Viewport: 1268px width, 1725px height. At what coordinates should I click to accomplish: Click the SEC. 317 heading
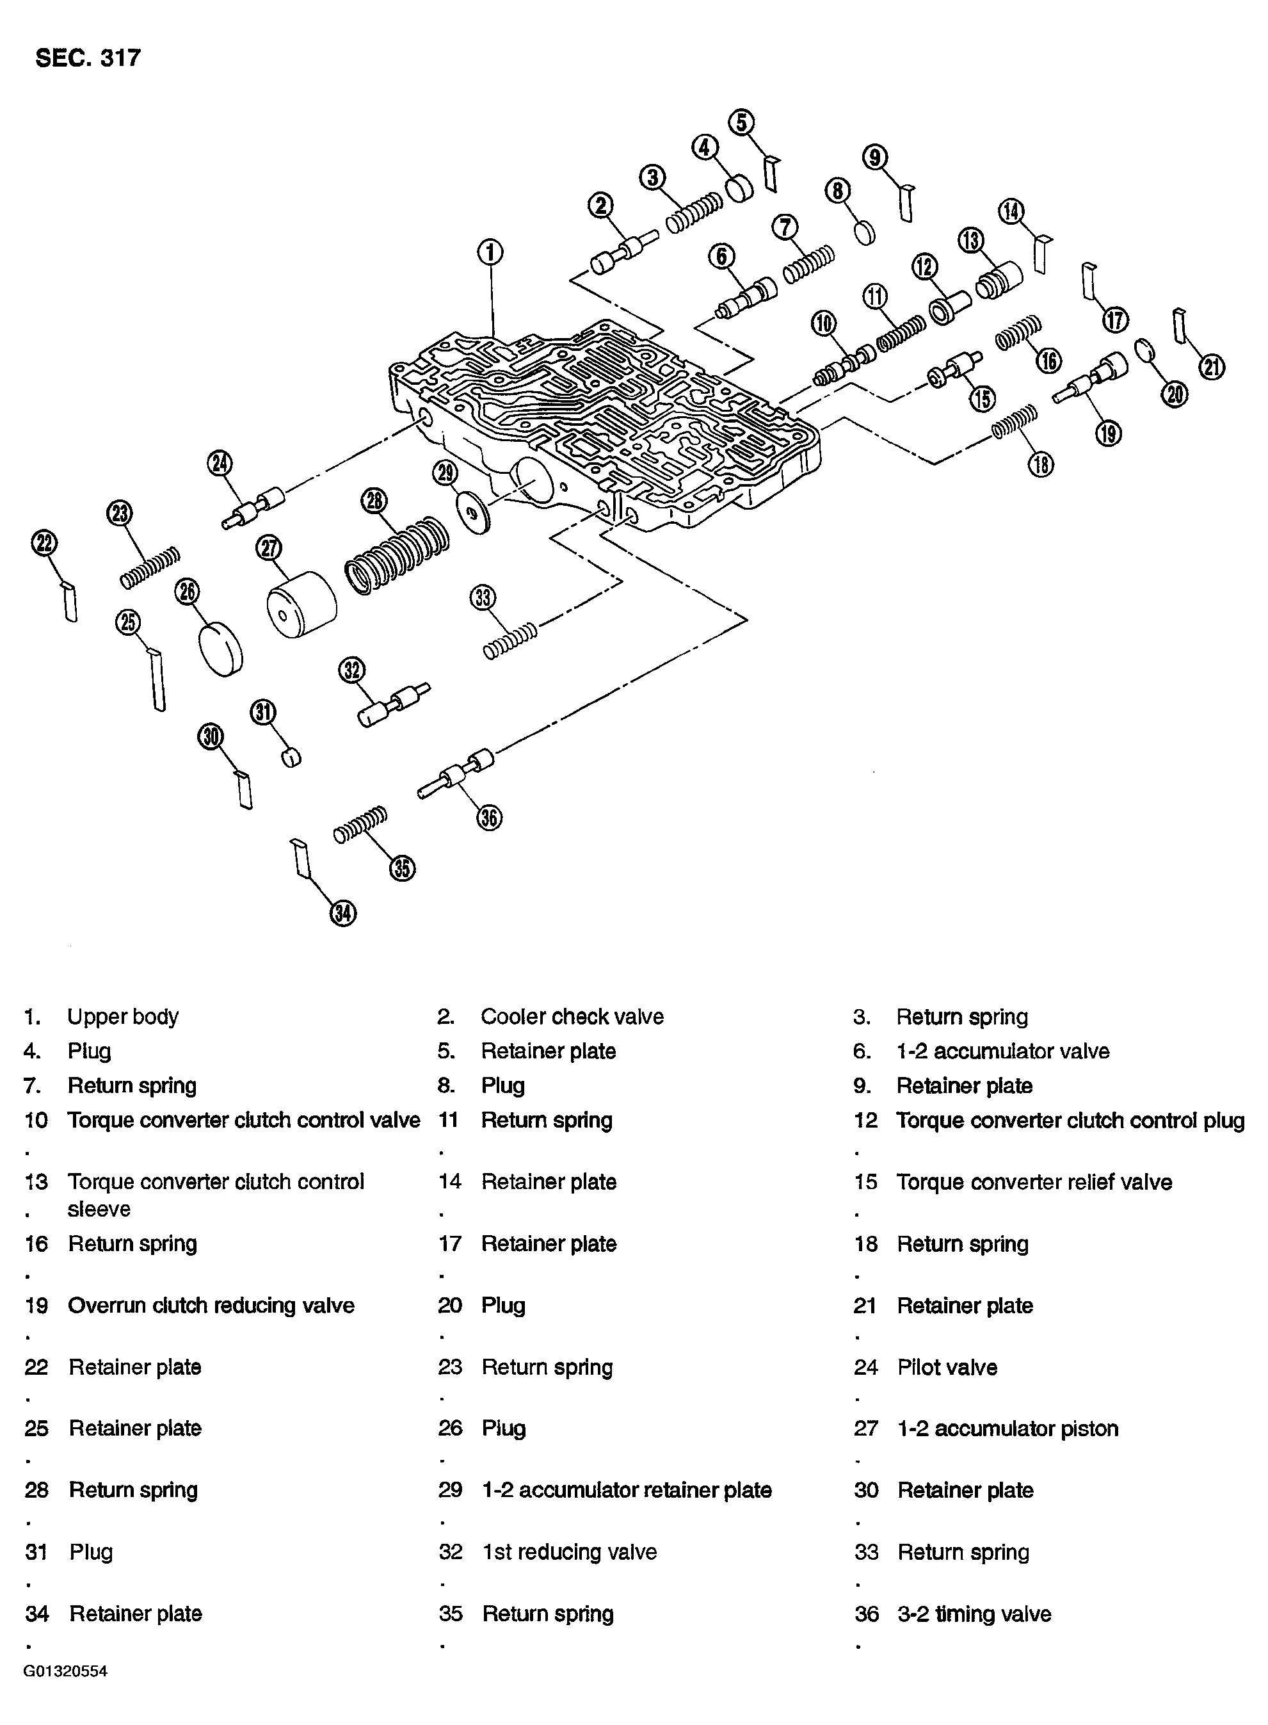pyautogui.click(x=88, y=58)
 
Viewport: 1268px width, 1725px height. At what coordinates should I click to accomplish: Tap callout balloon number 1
pyautogui.click(x=490, y=252)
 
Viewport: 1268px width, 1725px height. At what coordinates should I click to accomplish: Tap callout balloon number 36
pyautogui.click(x=490, y=818)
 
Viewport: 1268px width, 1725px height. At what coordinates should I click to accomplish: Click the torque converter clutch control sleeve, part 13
pyautogui.click(x=999, y=281)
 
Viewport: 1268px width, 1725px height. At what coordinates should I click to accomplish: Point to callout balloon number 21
pyautogui.click(x=1212, y=367)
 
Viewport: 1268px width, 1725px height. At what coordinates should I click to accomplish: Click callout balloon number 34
pyautogui.click(x=343, y=913)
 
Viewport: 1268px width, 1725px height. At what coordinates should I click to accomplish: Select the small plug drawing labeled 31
pyautogui.click(x=291, y=756)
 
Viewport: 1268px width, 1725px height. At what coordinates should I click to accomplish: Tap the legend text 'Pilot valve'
pyautogui.click(x=947, y=1367)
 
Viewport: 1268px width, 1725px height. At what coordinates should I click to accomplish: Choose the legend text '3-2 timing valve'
pyautogui.click(x=974, y=1614)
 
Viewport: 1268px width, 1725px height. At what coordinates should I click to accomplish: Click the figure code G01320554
pyautogui.click(x=65, y=1671)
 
